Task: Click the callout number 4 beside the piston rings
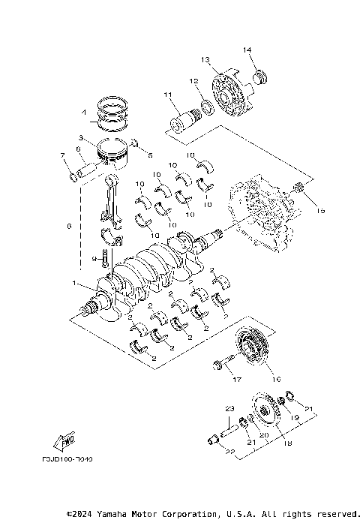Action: coord(85,115)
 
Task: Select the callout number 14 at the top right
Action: coord(247,50)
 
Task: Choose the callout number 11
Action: coord(168,95)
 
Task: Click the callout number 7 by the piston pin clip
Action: coord(63,155)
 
